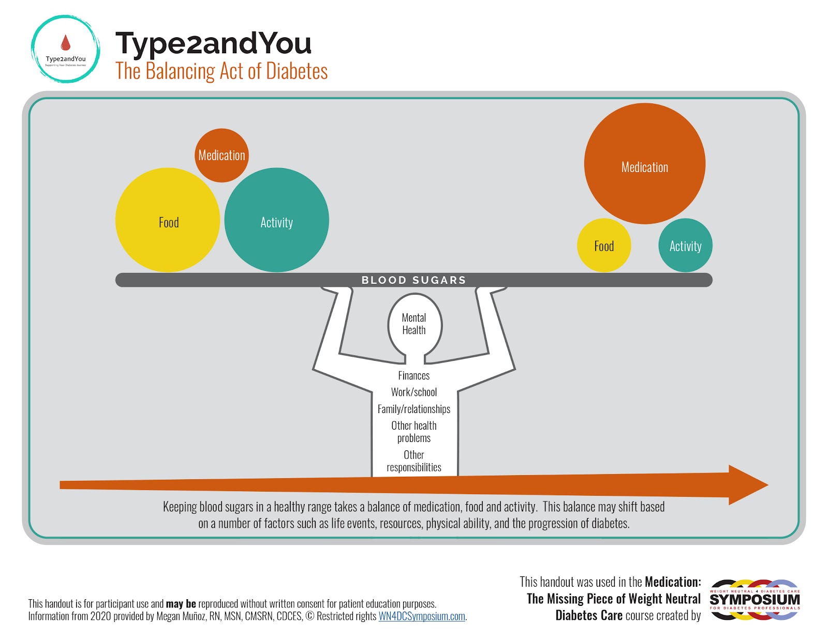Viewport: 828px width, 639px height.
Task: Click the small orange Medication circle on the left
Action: (x=221, y=155)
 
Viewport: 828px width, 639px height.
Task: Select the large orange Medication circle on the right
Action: (x=644, y=164)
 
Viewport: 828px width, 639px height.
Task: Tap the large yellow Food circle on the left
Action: (x=168, y=220)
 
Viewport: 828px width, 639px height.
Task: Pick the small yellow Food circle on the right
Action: (x=604, y=245)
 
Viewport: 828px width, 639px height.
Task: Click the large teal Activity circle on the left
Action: (x=277, y=220)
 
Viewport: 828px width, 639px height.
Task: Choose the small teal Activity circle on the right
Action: (x=685, y=245)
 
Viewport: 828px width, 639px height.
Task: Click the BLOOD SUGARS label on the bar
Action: (x=413, y=280)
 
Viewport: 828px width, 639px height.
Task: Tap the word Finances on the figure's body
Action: (x=414, y=376)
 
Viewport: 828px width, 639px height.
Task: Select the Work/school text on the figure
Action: (x=414, y=392)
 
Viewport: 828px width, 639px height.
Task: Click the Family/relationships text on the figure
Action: (x=414, y=409)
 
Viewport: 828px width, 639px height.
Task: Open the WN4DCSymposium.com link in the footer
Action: (x=422, y=616)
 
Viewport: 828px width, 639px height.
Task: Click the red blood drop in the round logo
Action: (x=66, y=42)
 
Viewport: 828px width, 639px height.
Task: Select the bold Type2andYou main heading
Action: (x=213, y=43)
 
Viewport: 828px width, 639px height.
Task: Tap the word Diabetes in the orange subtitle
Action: (x=297, y=71)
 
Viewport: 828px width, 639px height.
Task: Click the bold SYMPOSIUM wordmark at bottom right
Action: (x=755, y=600)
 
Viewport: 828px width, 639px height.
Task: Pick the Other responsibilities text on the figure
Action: (x=414, y=461)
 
